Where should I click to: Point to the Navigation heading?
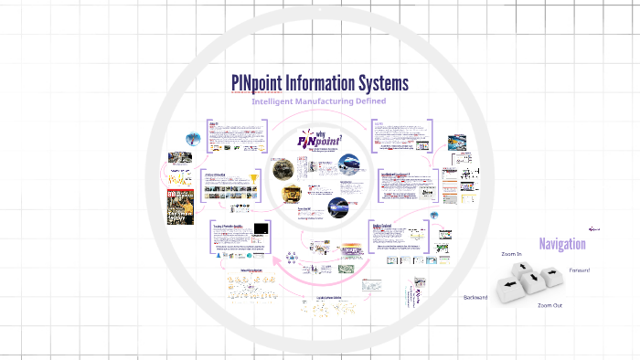562,244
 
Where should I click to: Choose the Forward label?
580,270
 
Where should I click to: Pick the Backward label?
475,298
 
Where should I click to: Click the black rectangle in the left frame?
261,228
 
